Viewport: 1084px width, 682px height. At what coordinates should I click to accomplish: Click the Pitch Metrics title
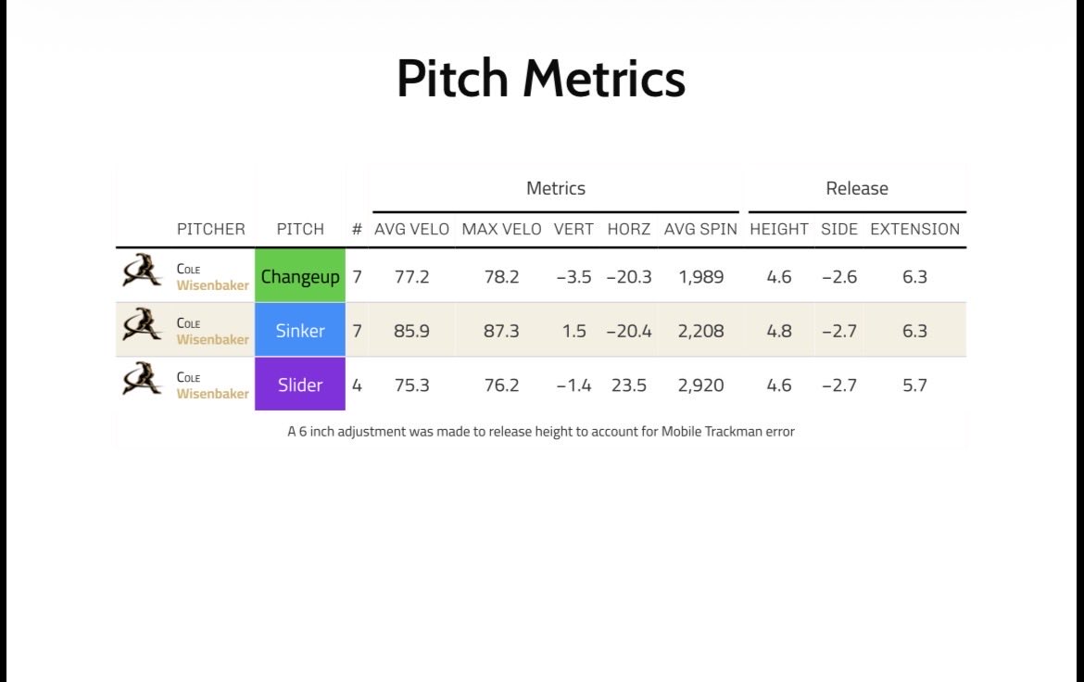pos(541,78)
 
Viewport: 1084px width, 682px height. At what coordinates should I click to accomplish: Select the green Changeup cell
pos(300,275)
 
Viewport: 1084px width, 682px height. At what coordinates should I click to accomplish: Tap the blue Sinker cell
pos(300,330)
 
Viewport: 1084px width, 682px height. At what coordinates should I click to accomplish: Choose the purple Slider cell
pos(300,384)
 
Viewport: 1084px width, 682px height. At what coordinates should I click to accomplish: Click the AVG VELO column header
pos(412,229)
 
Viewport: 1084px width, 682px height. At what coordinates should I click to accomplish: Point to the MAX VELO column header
pos(501,229)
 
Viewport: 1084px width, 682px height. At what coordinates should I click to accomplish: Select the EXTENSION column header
pos(914,229)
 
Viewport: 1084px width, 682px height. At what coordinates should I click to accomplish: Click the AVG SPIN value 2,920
pos(700,385)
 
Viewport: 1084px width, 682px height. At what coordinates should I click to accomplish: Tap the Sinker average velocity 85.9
pos(411,331)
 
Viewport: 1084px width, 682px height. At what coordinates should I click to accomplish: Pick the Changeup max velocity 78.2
pos(501,277)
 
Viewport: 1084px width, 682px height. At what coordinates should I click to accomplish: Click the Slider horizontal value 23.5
pos(628,385)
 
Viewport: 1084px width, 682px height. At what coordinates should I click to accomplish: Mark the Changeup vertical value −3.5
pos(574,277)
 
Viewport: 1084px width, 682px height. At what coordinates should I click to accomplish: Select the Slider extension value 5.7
pos(914,385)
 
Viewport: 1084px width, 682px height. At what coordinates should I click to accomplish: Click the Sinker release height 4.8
pos(779,331)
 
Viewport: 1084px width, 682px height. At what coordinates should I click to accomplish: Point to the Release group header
pos(857,188)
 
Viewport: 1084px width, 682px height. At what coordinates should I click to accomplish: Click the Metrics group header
pos(556,188)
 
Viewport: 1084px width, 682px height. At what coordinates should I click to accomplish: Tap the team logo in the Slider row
pos(142,378)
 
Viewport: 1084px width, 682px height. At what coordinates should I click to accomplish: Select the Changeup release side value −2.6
pos(839,277)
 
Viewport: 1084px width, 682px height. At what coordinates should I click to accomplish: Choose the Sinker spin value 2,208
pos(700,332)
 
